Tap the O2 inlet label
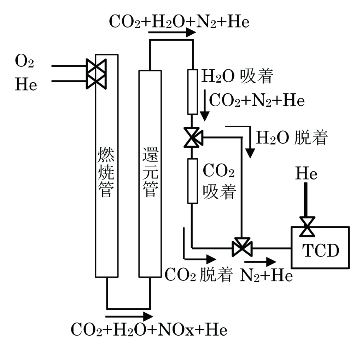click(24, 62)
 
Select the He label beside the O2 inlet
click(25, 85)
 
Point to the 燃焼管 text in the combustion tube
click(106, 172)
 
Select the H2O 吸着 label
click(237, 75)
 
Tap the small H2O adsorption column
click(192, 92)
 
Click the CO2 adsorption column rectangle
click(192, 181)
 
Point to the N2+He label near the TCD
click(267, 275)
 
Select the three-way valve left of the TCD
click(242, 247)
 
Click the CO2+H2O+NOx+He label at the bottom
click(149, 330)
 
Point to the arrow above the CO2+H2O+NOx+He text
click(129, 315)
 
